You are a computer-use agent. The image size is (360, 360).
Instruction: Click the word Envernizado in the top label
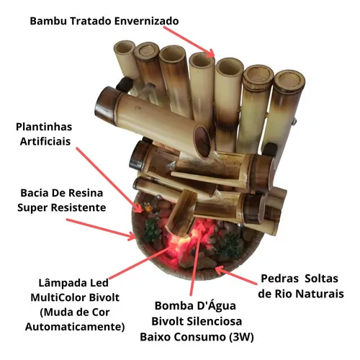click(x=146, y=21)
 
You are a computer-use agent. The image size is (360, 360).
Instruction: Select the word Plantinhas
click(x=44, y=127)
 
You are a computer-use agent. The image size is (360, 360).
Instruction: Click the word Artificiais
click(x=45, y=141)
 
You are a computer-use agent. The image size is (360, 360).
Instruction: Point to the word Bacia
click(x=34, y=193)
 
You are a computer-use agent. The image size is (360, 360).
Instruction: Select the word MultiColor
click(x=58, y=297)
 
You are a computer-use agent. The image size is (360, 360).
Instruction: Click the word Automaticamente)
click(x=75, y=327)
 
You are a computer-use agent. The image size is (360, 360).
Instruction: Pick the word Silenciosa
click(x=214, y=321)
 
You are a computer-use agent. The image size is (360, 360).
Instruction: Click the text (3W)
click(x=241, y=337)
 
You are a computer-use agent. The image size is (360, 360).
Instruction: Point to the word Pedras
click(x=279, y=279)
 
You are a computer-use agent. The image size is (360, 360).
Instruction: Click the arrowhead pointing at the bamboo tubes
click(x=210, y=53)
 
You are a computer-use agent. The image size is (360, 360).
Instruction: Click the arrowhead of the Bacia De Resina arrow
click(x=132, y=236)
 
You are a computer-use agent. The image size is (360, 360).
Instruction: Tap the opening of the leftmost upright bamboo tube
click(x=125, y=47)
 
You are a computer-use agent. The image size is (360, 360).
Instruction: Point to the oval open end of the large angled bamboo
click(x=202, y=142)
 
